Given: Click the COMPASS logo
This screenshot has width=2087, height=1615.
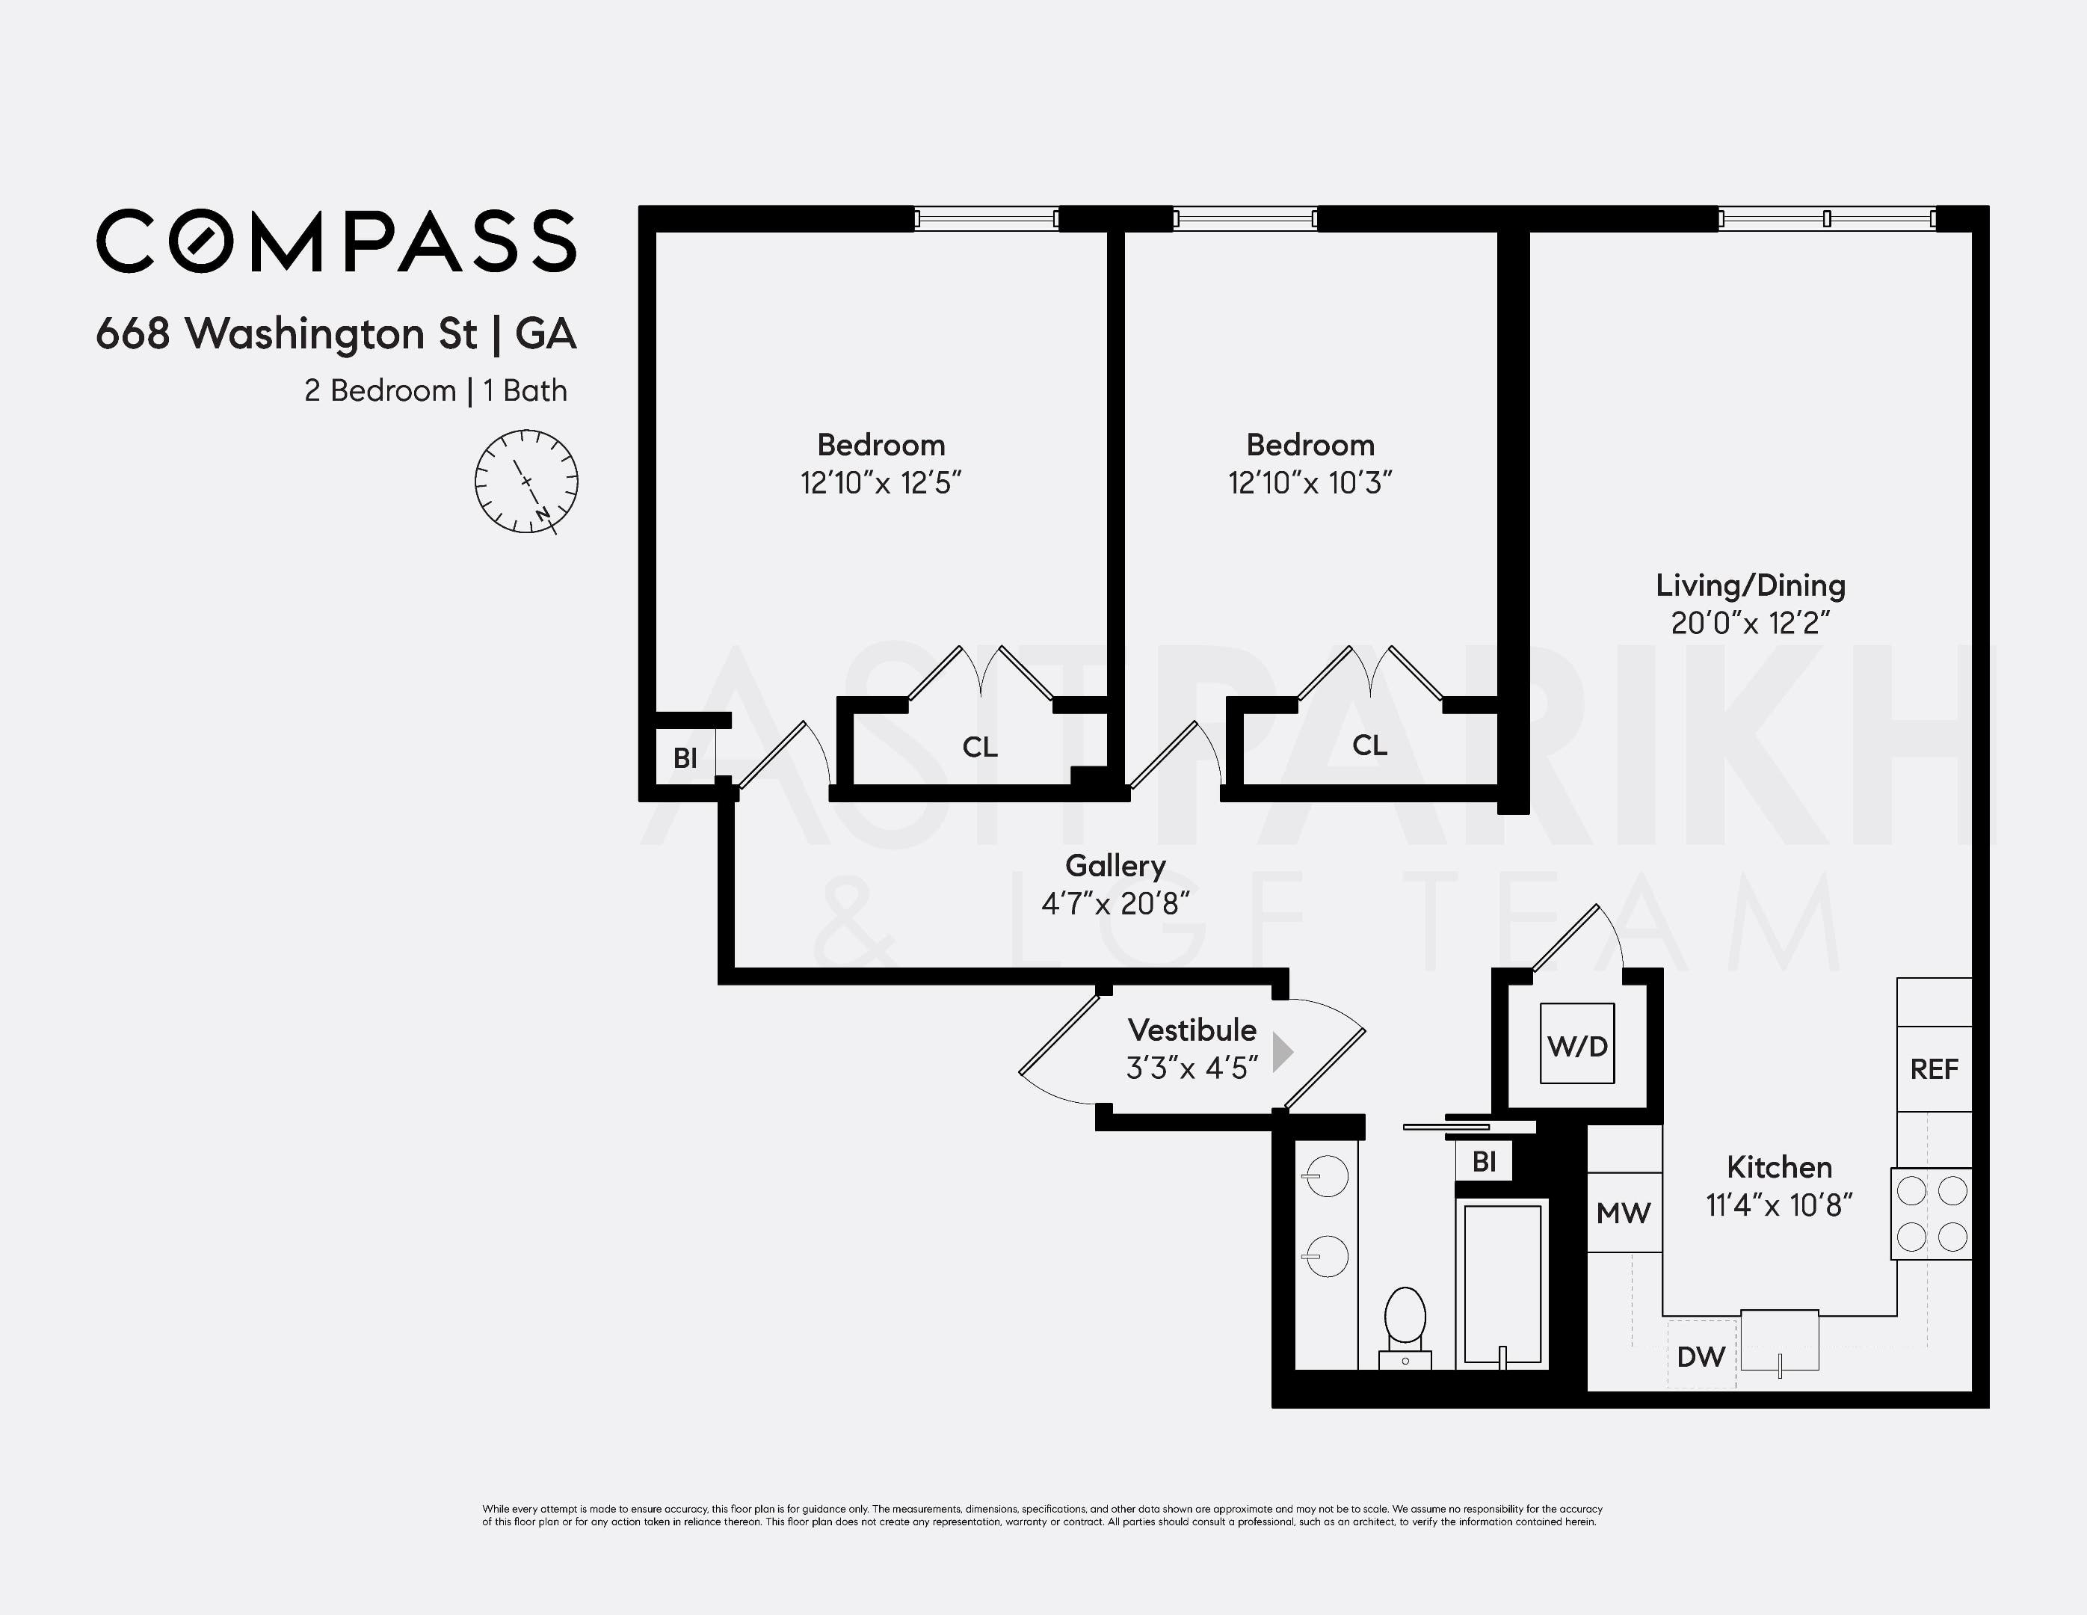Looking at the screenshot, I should click(x=336, y=241).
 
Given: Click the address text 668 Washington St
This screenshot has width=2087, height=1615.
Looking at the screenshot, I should click(x=287, y=333).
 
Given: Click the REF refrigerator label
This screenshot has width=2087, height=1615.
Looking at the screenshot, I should click(x=1933, y=1068).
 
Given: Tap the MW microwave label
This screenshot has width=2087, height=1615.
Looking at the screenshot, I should click(x=1623, y=1213).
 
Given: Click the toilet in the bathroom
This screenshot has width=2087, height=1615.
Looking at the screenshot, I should click(x=1405, y=1323).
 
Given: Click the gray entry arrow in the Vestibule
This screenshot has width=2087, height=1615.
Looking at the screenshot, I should click(x=1283, y=1051).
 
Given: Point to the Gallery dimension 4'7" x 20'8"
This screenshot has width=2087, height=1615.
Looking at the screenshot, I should click(x=1115, y=903).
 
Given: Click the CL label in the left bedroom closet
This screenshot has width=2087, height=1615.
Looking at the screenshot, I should click(x=979, y=746).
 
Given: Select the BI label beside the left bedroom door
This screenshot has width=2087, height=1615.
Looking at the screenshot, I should click(x=684, y=758).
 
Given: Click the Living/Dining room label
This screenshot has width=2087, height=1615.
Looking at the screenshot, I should click(x=1750, y=585).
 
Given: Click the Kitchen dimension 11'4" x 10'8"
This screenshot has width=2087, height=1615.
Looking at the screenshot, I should click(x=1778, y=1205).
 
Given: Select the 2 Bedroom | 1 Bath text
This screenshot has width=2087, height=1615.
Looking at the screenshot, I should click(x=435, y=391).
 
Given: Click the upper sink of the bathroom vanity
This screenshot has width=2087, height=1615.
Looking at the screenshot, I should click(x=1325, y=1175).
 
